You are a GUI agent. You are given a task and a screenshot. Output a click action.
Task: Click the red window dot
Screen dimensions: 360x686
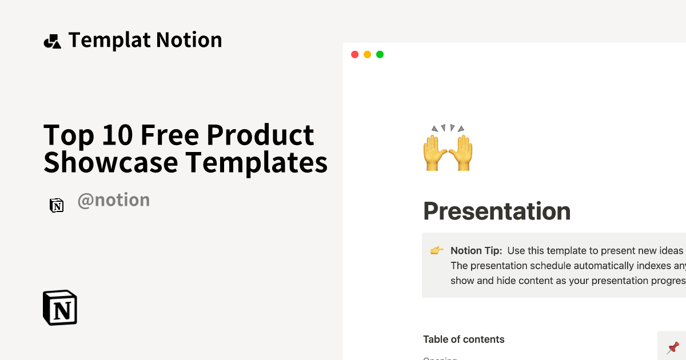354,54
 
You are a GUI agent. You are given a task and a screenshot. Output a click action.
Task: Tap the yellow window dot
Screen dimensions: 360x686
367,54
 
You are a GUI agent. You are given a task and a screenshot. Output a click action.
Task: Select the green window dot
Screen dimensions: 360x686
380,54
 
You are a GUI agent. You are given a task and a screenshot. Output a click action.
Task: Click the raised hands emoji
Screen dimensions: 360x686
448,148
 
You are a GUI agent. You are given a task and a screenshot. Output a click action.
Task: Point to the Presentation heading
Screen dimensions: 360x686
497,211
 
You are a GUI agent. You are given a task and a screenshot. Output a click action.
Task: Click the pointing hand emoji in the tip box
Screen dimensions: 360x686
437,251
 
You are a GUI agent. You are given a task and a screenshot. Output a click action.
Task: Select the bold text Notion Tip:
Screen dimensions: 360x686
476,251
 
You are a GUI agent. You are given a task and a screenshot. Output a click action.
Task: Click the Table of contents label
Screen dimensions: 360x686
464,339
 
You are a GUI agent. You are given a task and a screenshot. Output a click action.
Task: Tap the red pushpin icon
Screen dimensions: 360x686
673,347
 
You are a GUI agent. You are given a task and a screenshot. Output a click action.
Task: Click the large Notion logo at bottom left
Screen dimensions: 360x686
60,308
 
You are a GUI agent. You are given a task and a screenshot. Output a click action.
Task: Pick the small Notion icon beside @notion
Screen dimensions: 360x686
57,206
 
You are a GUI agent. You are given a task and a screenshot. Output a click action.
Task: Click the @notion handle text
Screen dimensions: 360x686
114,200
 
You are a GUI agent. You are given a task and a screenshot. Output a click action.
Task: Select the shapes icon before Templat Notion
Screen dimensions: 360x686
52,41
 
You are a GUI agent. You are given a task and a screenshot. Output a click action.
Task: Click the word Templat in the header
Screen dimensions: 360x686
109,40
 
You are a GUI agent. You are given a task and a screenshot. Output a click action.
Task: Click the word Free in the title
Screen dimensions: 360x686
169,135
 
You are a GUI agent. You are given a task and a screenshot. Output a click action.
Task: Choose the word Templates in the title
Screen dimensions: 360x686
256,162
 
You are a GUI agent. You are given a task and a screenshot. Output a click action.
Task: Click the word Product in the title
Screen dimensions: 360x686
260,135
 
